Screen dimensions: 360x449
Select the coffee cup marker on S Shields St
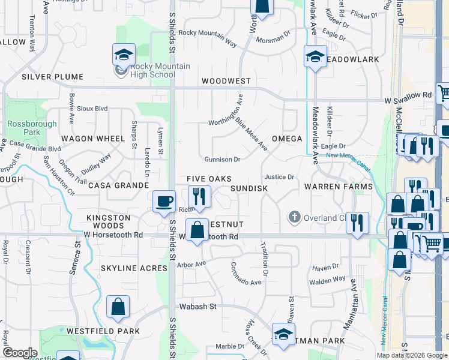tap(163, 202)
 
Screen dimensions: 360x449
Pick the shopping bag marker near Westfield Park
tap(118, 307)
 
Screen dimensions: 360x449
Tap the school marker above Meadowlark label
tap(315, 57)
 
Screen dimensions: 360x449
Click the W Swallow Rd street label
tap(408, 95)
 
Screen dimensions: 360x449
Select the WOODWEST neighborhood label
tap(226, 80)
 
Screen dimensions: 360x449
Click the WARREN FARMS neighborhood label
tap(338, 187)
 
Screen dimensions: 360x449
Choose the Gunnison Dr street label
tap(222, 160)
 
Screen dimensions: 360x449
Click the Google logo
tap(20, 352)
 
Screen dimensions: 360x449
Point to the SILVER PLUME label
tap(52, 77)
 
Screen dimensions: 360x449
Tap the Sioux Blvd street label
tap(92, 109)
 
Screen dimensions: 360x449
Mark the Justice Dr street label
tap(279, 177)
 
